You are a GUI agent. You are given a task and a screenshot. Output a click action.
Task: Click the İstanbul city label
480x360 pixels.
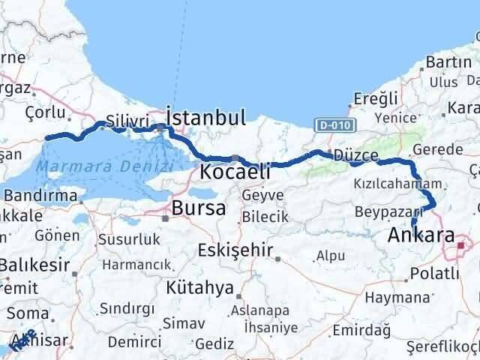coord(205,118)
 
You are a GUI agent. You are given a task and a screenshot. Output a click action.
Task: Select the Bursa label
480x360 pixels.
coord(199,208)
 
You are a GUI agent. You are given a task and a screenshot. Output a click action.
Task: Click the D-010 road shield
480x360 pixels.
coord(328,125)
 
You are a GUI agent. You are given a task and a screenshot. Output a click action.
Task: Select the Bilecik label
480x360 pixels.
coord(264,217)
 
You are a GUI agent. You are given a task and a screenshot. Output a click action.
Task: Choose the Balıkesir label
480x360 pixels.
coord(34,265)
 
